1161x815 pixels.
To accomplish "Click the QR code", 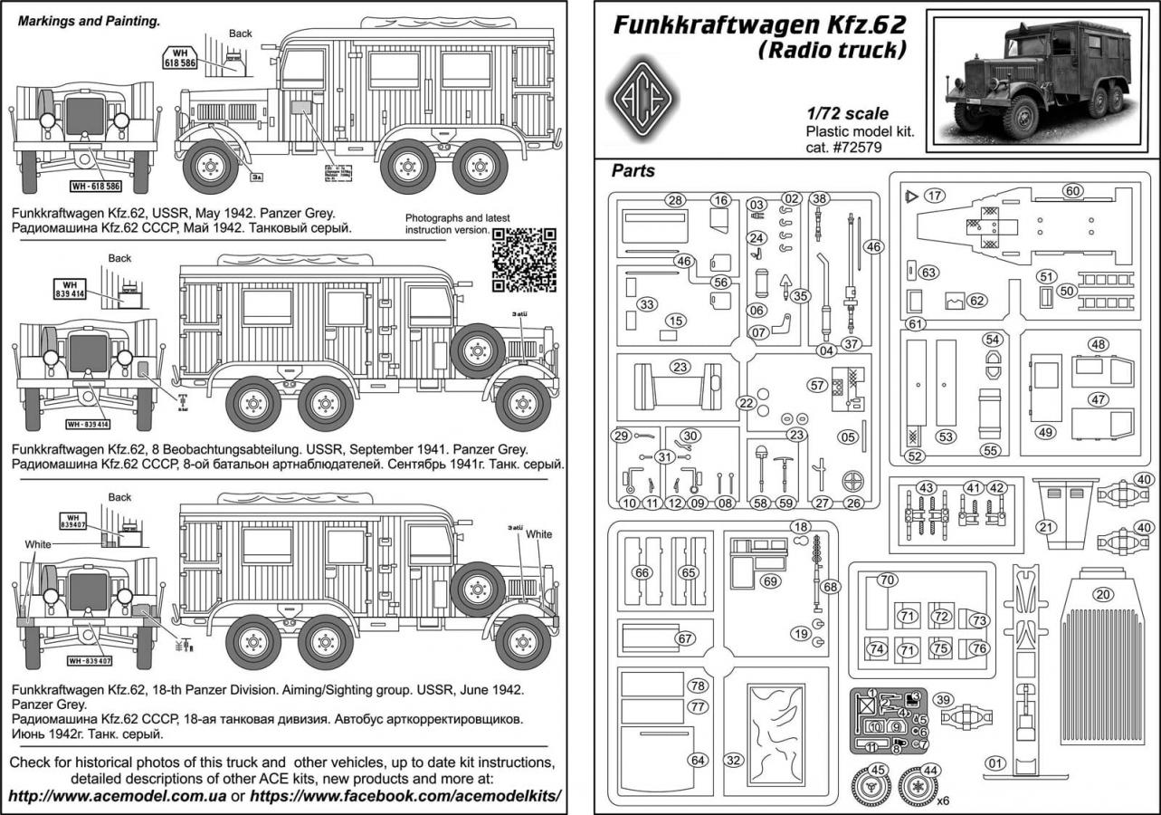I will tap(525, 260).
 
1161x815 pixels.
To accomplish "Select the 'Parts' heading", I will tap(633, 169).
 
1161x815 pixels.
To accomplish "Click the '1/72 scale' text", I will tap(847, 113).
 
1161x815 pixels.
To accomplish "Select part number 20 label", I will tap(1101, 595).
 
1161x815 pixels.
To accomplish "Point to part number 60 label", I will tap(1071, 191).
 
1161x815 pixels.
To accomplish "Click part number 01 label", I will tap(996, 762).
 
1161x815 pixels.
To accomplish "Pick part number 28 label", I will tap(673, 200).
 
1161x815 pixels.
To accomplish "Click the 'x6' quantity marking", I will tap(944, 801).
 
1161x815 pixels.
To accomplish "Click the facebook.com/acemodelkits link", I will tap(406, 796).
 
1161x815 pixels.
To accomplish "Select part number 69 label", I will tap(770, 580).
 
